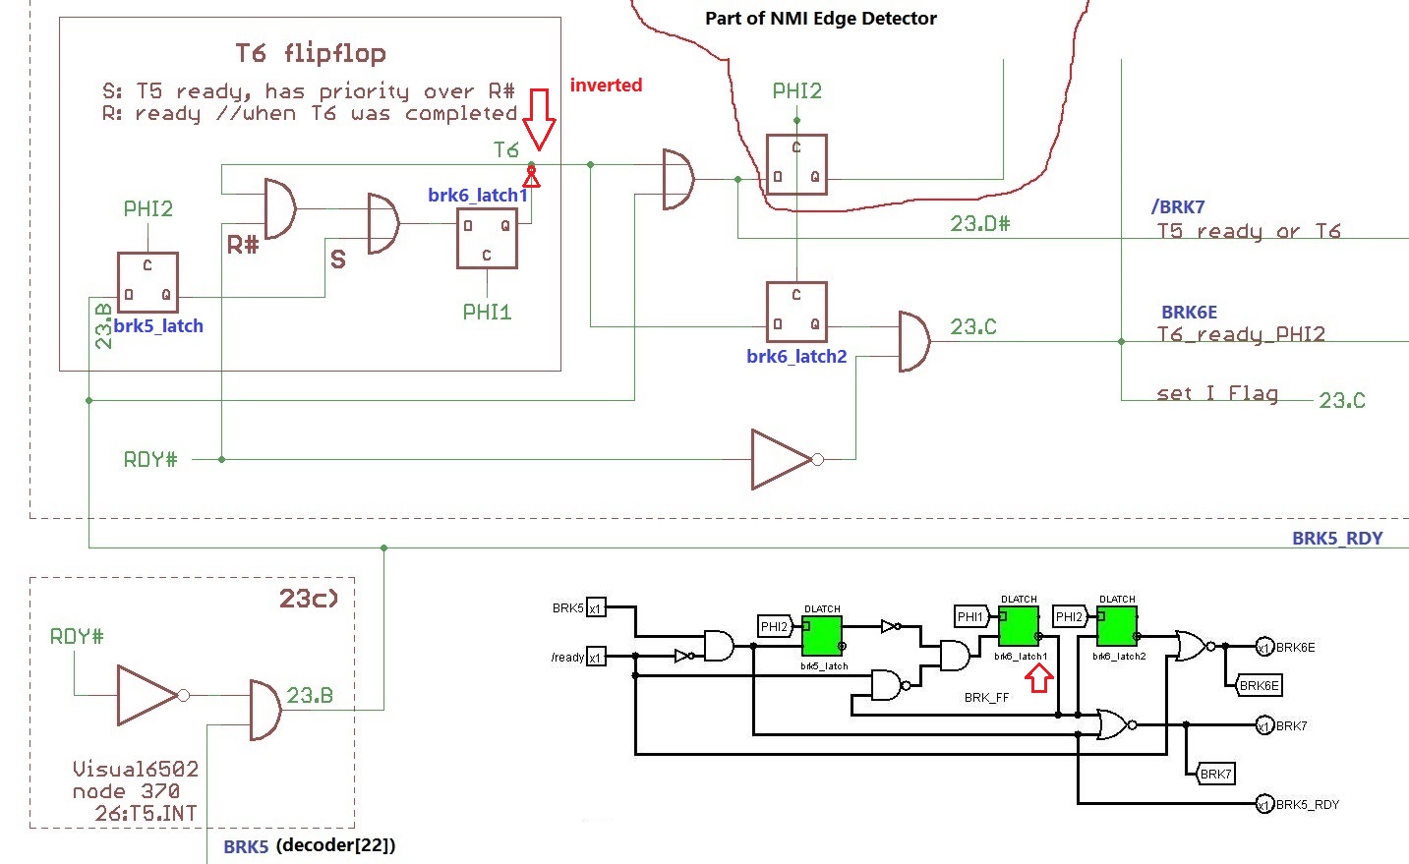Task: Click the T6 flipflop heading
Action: [x=311, y=53]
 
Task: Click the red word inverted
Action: [x=606, y=86]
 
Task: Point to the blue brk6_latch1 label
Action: [x=478, y=196]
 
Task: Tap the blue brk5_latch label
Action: [x=158, y=326]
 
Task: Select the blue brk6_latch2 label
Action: [x=796, y=357]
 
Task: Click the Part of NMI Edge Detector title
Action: [x=821, y=19]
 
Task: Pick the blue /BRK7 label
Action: [x=1178, y=207]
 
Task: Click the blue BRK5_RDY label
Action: [x=1337, y=539]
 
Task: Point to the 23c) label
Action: [x=309, y=598]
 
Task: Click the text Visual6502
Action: [x=136, y=769]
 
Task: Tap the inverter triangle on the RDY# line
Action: [x=783, y=459]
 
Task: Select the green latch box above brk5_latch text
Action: [x=822, y=637]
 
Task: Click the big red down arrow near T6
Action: [x=539, y=118]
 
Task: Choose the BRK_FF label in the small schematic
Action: [x=986, y=698]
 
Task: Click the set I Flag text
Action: [x=1217, y=393]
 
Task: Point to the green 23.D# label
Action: [x=979, y=224]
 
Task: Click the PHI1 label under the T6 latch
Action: [x=487, y=313]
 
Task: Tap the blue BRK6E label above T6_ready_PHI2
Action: [x=1189, y=313]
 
